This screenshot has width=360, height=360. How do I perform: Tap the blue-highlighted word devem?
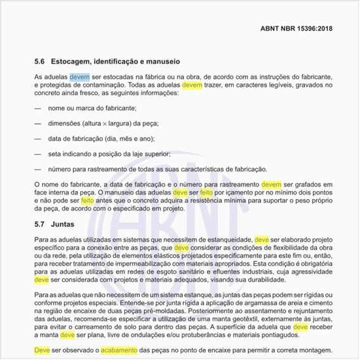click(x=80, y=77)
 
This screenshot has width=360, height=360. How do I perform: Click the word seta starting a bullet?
click(x=55, y=154)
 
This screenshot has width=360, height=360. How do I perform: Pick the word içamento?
click(x=232, y=194)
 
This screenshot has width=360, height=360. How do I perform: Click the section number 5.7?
click(x=40, y=223)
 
